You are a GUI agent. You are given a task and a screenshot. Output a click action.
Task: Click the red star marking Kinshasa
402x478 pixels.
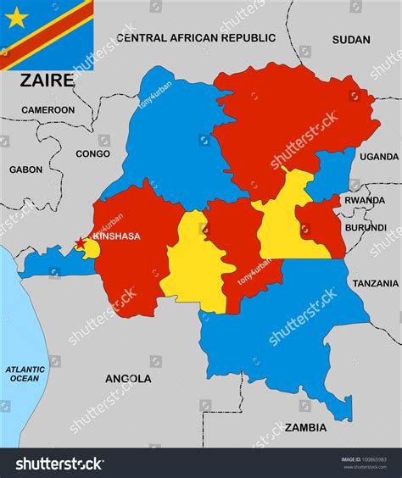(81, 243)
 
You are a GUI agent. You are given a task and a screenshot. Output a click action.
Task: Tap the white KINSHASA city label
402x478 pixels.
(116, 236)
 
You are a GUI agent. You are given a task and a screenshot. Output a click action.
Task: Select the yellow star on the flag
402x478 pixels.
(17, 16)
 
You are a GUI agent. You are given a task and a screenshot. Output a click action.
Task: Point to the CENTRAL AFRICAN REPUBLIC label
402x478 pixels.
(196, 38)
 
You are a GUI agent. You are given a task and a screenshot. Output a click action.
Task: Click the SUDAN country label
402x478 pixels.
(350, 39)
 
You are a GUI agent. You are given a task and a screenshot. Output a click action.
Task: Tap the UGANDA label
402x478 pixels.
(378, 157)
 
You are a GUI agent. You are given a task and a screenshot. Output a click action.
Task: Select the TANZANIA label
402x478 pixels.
(375, 283)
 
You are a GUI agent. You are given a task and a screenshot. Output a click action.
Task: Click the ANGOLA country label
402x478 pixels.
(128, 379)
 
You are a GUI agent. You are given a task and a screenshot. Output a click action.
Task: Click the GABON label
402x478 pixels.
(25, 170)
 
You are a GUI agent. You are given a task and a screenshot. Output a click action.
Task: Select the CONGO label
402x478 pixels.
(92, 154)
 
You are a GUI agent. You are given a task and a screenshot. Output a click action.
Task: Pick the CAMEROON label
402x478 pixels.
(47, 109)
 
